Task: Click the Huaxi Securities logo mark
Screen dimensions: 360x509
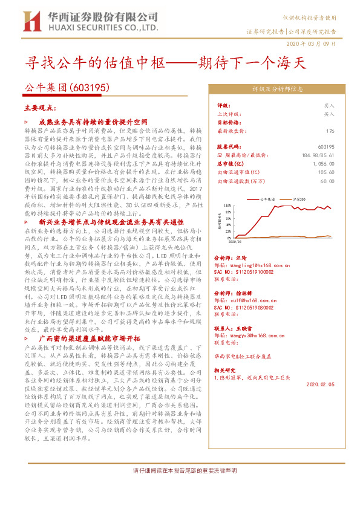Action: pos(31,21)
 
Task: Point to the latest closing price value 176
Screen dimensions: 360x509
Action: pos(330,131)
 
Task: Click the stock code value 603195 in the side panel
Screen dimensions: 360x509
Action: pos(326,147)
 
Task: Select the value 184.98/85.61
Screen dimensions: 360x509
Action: pos(318,155)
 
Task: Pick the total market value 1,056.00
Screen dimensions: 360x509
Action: pos(323,163)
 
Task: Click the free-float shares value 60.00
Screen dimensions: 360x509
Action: pos(327,180)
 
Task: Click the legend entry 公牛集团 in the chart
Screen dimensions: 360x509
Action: pos(267,198)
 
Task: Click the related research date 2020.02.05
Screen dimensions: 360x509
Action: pos(320,384)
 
